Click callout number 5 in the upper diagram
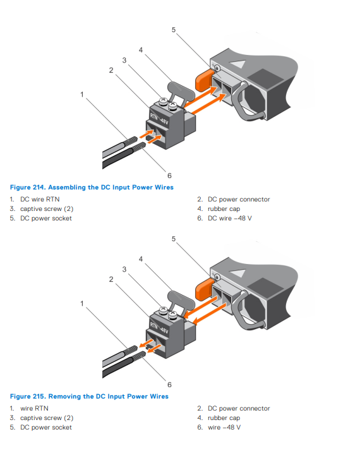[174, 30]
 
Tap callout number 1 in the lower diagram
[82, 303]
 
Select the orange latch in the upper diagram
[203, 80]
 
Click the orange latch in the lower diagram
[203, 289]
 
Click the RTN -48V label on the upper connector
[159, 119]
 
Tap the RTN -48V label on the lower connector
[159, 328]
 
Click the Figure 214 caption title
[92, 187]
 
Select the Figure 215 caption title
[89, 396]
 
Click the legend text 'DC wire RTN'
[40, 200]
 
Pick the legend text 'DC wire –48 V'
[230, 219]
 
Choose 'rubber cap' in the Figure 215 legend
[224, 418]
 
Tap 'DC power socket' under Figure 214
[46, 219]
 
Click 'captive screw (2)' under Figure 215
[47, 418]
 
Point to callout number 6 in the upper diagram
[169, 176]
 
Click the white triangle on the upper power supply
[238, 64]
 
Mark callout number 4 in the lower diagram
[141, 259]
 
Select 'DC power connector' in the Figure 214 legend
[239, 200]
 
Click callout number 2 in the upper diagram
[111, 70]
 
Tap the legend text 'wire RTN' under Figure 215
[34, 409]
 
